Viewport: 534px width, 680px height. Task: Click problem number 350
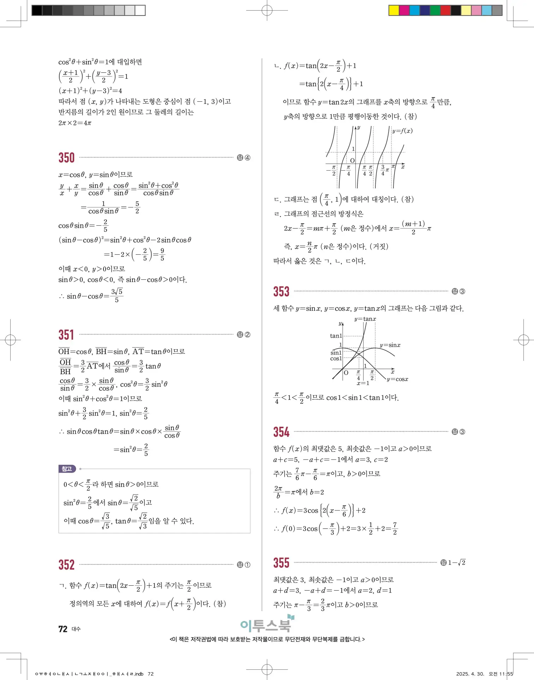pos(66,158)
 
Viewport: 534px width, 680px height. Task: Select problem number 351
pos(66,335)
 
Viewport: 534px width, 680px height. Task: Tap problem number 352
pos(66,564)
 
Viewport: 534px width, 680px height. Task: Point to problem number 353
pos(281,291)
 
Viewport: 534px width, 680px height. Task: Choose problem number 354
pos(281,432)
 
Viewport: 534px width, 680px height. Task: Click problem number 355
pos(281,563)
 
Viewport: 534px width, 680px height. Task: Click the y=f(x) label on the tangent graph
pos(402,131)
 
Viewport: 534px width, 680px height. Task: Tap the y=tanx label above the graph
pos(365,319)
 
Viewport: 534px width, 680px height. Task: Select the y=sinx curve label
pos(390,345)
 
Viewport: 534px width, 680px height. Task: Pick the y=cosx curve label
pos(397,379)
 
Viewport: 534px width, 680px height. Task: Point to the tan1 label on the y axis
pos(336,336)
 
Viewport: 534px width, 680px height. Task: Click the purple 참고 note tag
pos(67,469)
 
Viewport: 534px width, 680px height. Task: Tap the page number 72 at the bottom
pos(63,629)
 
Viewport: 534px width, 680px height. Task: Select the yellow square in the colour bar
pos(394,10)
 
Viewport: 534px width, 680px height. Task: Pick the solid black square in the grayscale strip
pos(37,10)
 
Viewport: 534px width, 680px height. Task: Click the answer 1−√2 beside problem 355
pos(457,563)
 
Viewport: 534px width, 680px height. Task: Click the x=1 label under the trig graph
pos(363,383)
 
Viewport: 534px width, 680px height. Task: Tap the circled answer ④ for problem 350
pos(248,158)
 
